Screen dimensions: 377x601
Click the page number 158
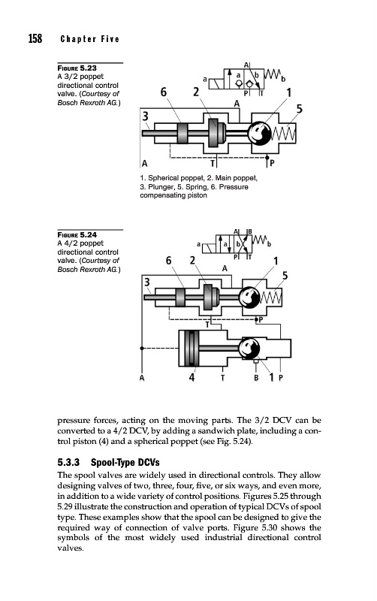click(x=35, y=39)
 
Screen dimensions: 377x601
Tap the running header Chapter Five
click(x=89, y=39)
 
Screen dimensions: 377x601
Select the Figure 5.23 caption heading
click(x=77, y=68)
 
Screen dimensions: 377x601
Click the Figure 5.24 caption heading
click(x=77, y=234)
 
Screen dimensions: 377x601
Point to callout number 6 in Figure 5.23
click(x=164, y=92)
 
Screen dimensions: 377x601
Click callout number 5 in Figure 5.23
click(x=299, y=109)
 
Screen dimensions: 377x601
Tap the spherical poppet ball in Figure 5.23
click(x=259, y=134)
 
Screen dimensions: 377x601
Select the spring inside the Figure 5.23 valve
click(x=284, y=134)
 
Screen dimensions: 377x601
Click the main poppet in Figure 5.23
click(x=213, y=133)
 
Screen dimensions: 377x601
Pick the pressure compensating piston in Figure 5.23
click(x=182, y=133)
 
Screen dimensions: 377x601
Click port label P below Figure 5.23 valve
click(x=272, y=164)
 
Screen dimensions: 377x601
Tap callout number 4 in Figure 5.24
click(x=192, y=378)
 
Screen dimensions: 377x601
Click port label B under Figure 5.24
click(x=256, y=378)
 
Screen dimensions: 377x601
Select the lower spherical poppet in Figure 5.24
click(x=249, y=349)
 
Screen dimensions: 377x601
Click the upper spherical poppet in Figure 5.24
click(x=249, y=297)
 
